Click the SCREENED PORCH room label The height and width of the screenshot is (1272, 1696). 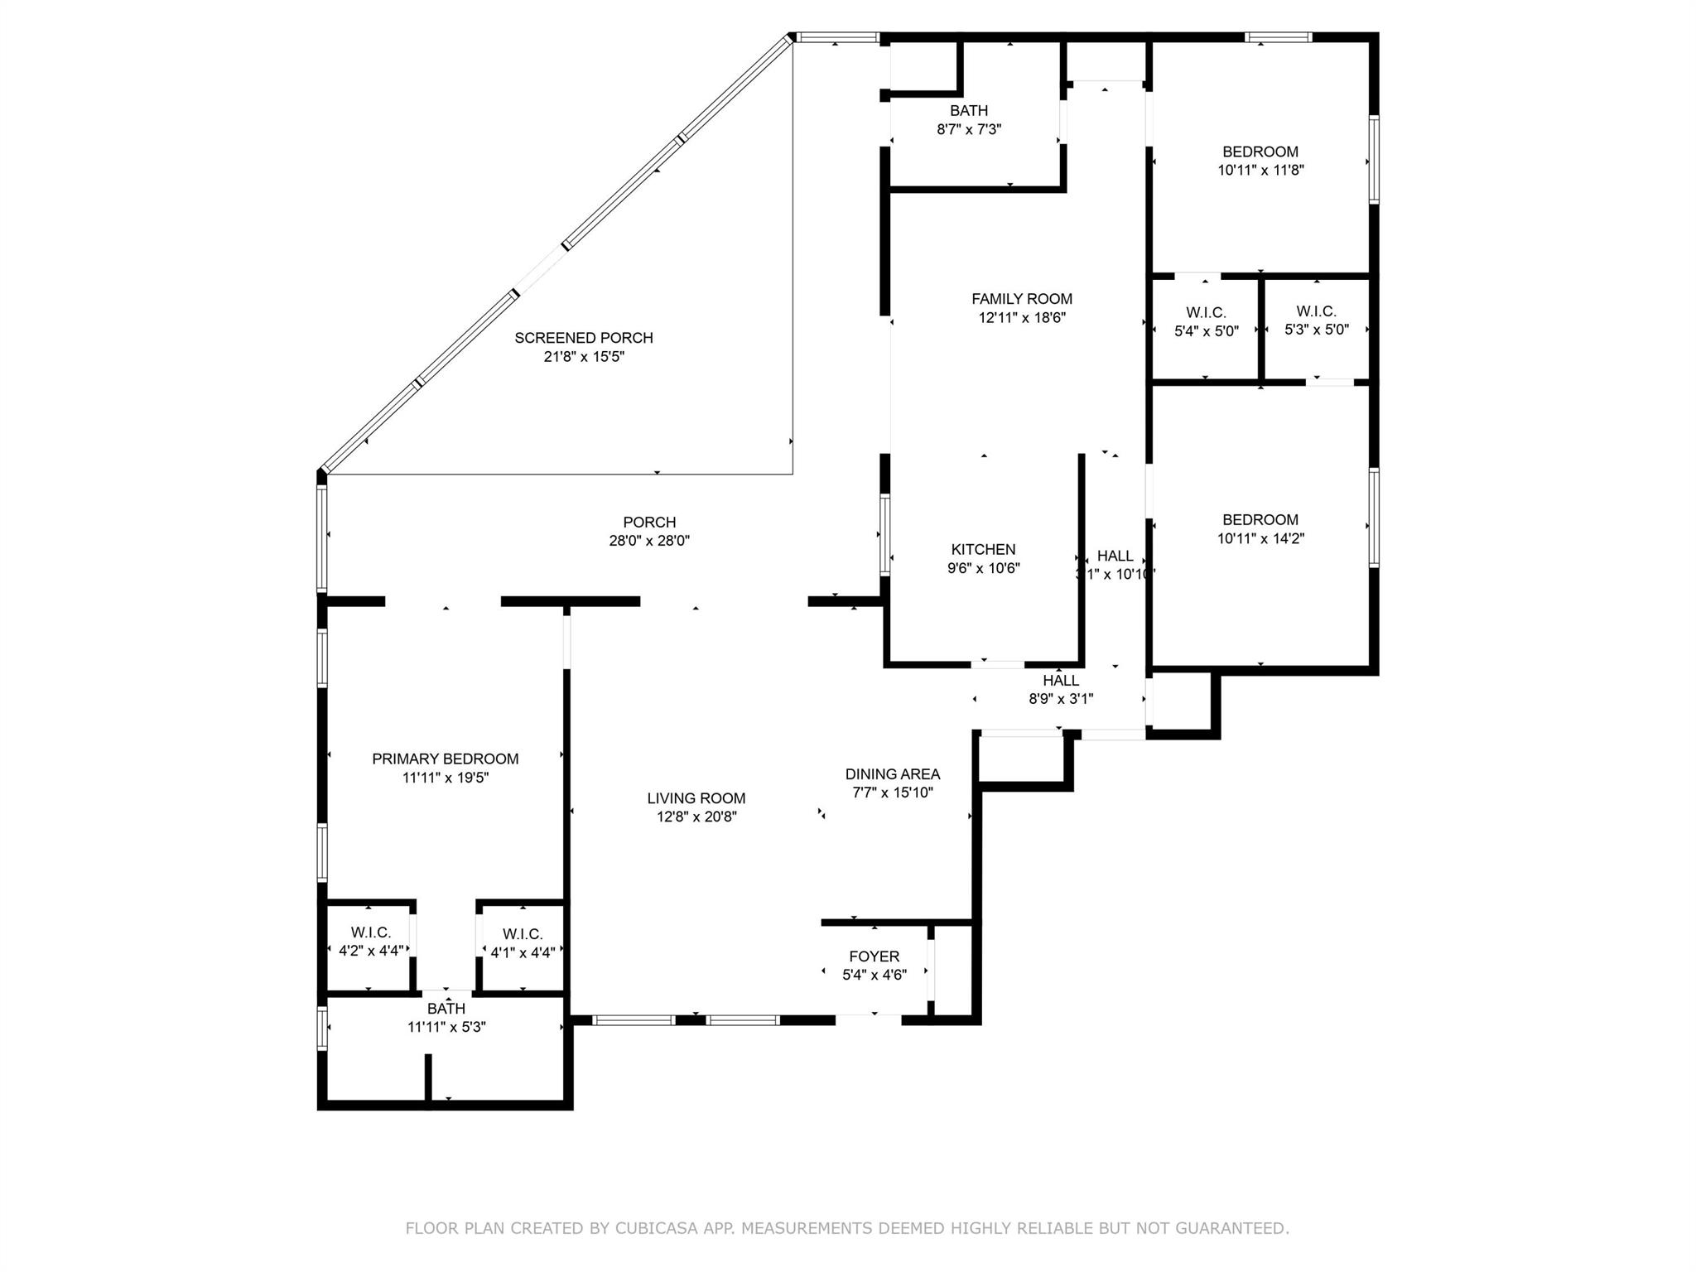pos(584,338)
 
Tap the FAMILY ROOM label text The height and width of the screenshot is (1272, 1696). pos(1022,299)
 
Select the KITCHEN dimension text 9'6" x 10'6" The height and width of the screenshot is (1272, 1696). pos(984,568)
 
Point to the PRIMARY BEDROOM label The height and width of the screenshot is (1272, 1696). pos(446,759)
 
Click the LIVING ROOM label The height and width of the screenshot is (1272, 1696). pos(696,798)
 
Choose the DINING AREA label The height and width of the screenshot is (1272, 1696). pos(893,774)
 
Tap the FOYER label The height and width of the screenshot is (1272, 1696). pos(874,956)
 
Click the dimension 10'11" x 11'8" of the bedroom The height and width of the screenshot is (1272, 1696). pos(1261,170)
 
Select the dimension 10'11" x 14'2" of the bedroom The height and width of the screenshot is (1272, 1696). pos(1261,538)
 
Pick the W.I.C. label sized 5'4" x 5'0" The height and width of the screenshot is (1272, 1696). pos(1206,312)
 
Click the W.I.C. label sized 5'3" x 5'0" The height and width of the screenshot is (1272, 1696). pos(1317,311)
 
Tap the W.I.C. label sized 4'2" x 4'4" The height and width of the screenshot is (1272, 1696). pos(371,932)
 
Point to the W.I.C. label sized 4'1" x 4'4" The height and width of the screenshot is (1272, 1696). pos(523,934)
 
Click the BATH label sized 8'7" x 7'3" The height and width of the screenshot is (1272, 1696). pos(969,110)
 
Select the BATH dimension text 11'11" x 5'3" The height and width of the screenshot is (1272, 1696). pos(446,1027)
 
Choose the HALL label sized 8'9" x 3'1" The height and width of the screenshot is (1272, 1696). pos(1061,680)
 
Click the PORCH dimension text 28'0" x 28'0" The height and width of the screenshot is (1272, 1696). pos(649,541)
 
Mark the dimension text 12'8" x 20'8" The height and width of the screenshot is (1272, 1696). pos(696,817)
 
